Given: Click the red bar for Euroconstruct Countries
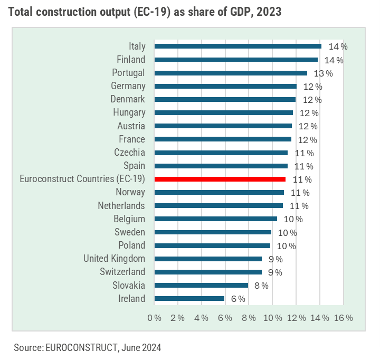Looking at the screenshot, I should coord(220,179).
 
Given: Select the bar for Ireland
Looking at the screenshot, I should coord(189,299).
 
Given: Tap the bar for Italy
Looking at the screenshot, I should coord(237,46).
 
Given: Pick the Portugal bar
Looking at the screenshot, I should coord(231,73).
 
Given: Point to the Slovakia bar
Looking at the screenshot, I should coord(201,286).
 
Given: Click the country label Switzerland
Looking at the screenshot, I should coord(122,272).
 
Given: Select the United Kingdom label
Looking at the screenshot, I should coord(114,259).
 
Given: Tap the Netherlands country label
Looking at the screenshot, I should coord(121,205).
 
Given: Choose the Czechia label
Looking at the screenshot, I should coord(129,153).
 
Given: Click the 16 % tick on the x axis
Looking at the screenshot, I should coord(343,318).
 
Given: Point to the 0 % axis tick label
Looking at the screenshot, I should coord(154,318).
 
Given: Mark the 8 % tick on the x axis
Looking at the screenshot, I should coord(249,318).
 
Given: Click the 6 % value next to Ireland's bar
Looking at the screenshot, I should coord(238,299).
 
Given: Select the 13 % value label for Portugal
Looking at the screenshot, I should coord(323,73).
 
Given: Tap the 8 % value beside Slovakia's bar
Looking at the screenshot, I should coord(261,286).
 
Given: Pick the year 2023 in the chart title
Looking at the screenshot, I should coord(268,12).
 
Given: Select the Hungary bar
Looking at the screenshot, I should coord(223,112).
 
